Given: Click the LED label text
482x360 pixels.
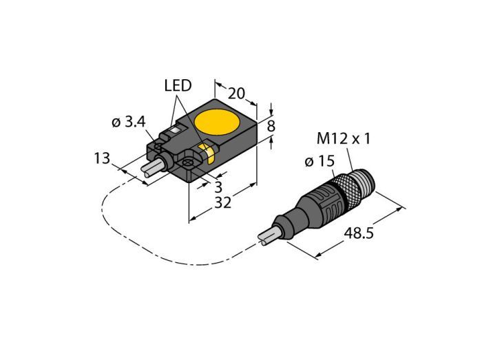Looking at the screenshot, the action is click(178, 86).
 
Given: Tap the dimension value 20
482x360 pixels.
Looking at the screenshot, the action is click(236, 94).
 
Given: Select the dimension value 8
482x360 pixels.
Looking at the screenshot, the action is click(271, 126).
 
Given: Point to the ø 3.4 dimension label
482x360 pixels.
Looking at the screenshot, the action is click(129, 123).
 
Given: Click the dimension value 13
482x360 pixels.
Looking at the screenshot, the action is click(102, 158).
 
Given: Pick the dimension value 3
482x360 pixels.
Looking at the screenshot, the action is click(218, 187).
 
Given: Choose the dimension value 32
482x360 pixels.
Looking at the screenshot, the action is click(223, 203).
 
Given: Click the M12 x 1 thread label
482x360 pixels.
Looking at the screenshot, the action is click(344, 139).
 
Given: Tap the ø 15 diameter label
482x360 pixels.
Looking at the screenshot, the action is click(319, 161).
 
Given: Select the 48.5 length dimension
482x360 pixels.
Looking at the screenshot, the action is click(359, 233).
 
